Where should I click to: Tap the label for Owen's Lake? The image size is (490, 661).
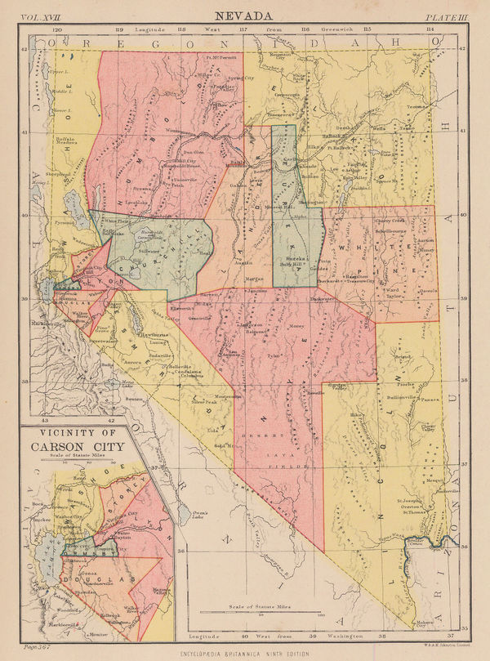203,511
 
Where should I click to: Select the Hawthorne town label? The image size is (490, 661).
135,335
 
